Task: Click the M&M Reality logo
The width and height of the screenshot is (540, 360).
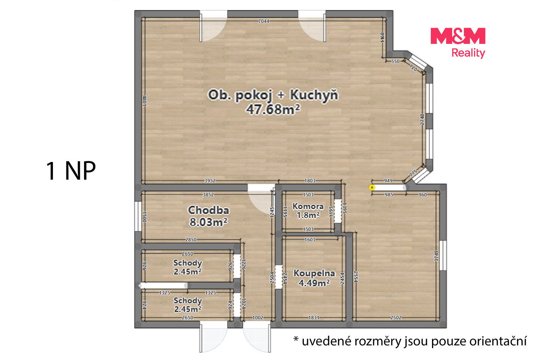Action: click(x=458, y=43)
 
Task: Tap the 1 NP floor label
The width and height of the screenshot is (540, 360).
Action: click(x=71, y=171)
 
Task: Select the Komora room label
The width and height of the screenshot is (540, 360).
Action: click(x=308, y=206)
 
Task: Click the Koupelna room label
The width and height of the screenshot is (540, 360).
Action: click(x=314, y=273)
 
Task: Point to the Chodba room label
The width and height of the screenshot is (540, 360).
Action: click(x=208, y=210)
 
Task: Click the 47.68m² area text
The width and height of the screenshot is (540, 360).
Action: click(x=273, y=109)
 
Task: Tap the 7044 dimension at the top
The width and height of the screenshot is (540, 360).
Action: click(x=264, y=21)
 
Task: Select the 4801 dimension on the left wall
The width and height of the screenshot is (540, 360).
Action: click(x=144, y=100)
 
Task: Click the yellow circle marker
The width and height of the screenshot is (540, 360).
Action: click(x=372, y=187)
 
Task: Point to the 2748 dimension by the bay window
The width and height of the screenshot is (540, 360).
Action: click(x=422, y=119)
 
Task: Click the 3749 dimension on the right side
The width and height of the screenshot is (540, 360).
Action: click(x=436, y=256)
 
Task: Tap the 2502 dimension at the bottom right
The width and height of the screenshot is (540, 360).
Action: click(x=396, y=318)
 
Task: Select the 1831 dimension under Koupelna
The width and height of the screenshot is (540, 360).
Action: click(x=313, y=318)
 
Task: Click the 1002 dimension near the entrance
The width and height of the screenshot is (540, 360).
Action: click(x=258, y=318)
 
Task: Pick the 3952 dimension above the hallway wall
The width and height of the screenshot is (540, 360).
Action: click(x=210, y=181)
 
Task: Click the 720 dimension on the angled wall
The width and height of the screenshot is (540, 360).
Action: click(x=413, y=68)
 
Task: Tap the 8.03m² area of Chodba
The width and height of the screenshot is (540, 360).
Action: click(x=208, y=222)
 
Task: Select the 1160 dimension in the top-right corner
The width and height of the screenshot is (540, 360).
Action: click(x=382, y=37)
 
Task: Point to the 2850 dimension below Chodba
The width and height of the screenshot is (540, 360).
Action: click(x=190, y=240)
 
